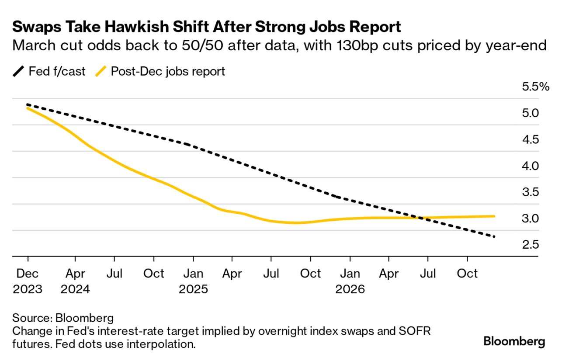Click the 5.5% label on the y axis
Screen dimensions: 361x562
(535, 87)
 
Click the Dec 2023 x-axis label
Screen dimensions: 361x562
(28, 281)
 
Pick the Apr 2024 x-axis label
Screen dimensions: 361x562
(76, 281)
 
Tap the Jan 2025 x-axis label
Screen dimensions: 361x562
(193, 281)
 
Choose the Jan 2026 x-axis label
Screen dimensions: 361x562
(350, 281)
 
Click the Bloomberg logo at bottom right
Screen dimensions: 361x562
(514, 341)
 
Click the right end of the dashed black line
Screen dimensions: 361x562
(494, 237)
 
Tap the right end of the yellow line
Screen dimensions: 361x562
(494, 216)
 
